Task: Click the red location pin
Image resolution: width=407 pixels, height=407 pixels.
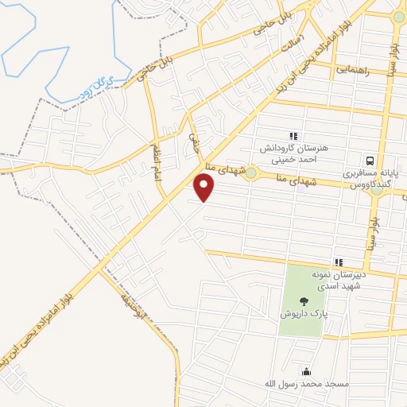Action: (x=205, y=188)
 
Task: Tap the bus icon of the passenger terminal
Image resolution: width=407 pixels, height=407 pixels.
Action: (x=370, y=159)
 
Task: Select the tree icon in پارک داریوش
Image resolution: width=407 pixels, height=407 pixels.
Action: (x=304, y=301)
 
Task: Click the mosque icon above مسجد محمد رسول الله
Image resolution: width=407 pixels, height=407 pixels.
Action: (x=306, y=371)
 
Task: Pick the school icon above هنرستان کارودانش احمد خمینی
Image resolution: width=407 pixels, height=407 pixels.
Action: (x=293, y=137)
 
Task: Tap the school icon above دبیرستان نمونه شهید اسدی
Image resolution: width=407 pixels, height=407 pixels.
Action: (x=339, y=263)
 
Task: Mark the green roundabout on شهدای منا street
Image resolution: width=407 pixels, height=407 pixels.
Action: (x=251, y=172)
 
